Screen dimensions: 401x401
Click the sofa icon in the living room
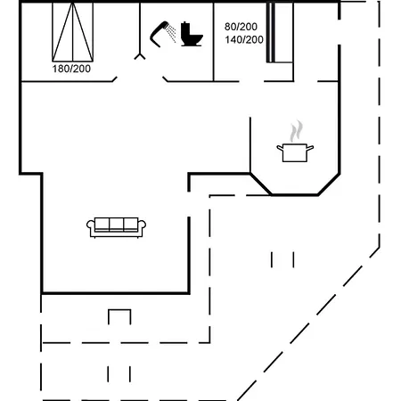click(x=116, y=225)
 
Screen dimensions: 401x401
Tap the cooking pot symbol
click(x=295, y=152)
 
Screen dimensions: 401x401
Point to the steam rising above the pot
click(x=297, y=132)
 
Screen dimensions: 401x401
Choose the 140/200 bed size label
click(x=243, y=40)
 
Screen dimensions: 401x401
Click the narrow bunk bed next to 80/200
click(x=281, y=32)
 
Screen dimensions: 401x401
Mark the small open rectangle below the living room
click(x=119, y=316)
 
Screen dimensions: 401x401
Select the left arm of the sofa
click(x=90, y=227)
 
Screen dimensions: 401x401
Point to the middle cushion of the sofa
click(x=116, y=224)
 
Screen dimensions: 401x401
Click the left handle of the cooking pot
click(x=279, y=147)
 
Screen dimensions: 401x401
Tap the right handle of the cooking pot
click(x=311, y=147)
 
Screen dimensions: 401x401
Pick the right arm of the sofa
click(x=143, y=227)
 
